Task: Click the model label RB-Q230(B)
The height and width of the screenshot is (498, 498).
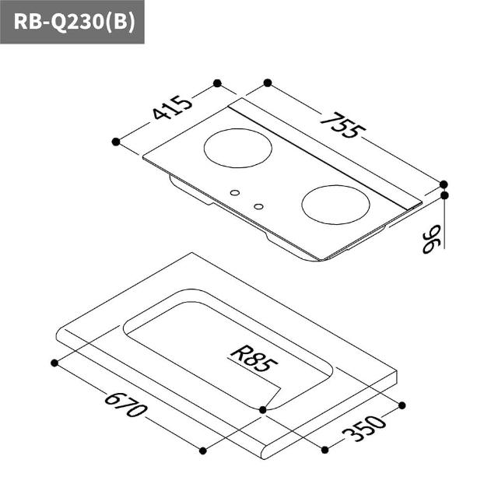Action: (x=75, y=22)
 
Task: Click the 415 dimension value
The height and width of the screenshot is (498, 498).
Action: (x=173, y=107)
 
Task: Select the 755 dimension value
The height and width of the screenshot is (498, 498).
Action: (x=343, y=125)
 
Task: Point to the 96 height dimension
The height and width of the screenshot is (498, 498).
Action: (x=432, y=239)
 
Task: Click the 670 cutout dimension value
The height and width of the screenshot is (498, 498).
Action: (x=126, y=405)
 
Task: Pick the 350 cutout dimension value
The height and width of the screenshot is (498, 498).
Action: (x=364, y=428)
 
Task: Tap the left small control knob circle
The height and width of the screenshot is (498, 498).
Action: (x=235, y=193)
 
